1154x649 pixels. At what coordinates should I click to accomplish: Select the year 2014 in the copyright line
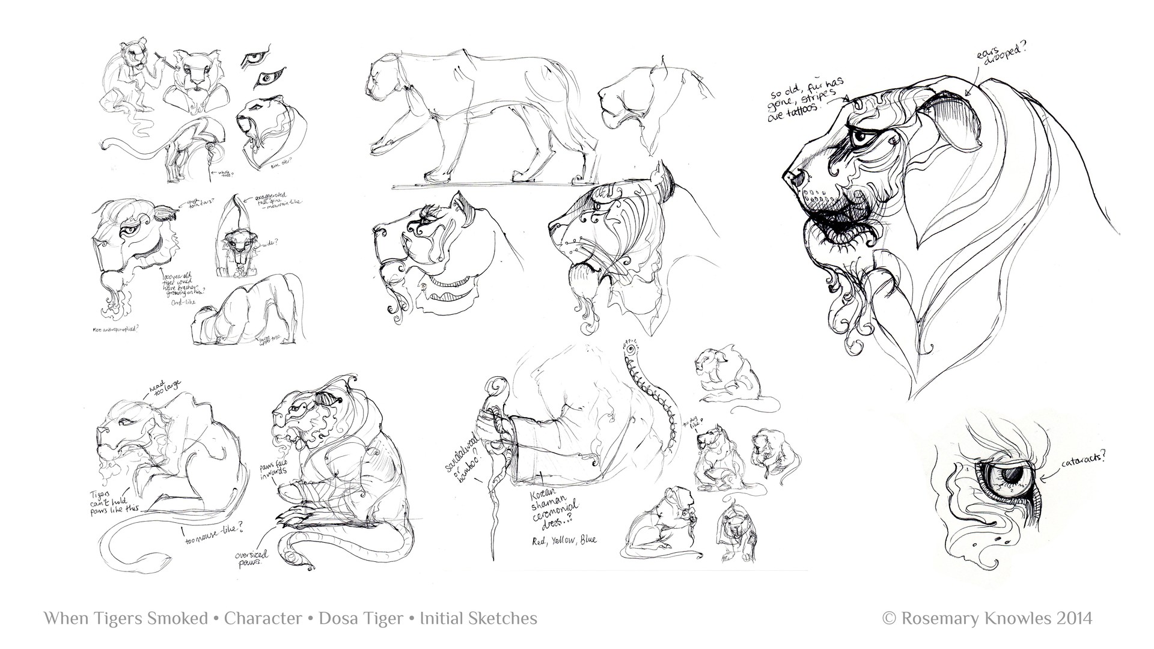tap(1072, 618)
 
